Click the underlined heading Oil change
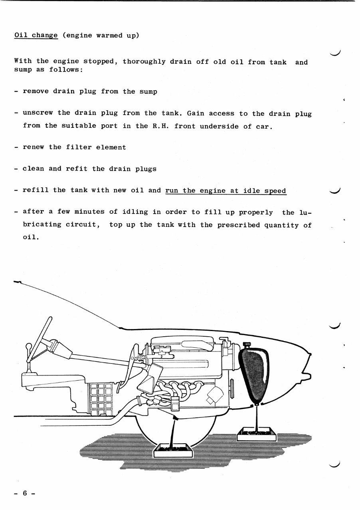[36, 35]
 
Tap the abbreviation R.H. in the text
[159, 126]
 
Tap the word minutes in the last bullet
[89, 212]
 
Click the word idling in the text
[136, 212]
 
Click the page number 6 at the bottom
[24, 493]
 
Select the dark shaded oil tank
[252, 373]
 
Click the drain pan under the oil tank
[257, 433]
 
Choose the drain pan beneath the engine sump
[173, 450]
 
